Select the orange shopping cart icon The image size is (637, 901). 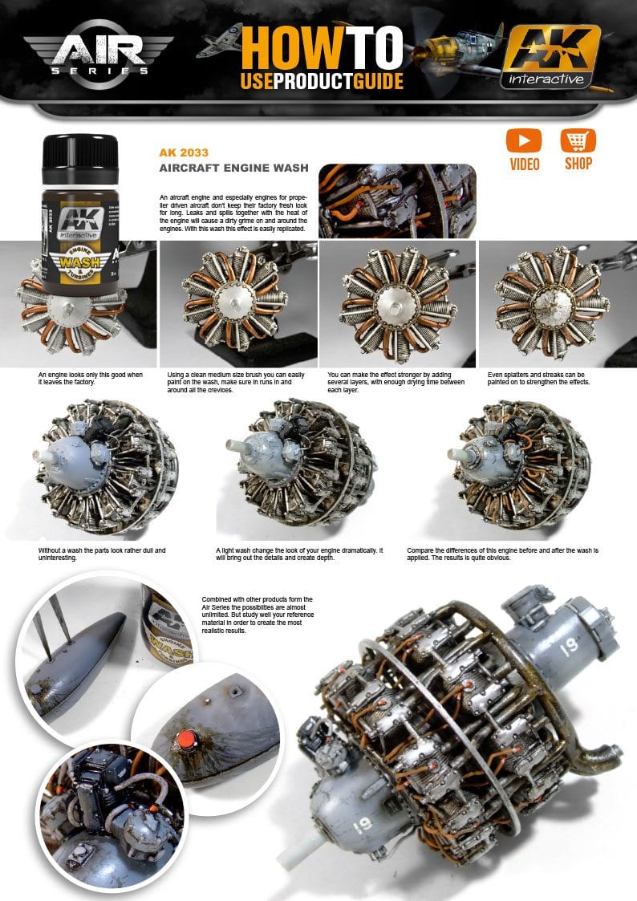578,141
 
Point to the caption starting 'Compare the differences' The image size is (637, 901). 502,554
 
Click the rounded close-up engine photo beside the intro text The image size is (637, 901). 397,201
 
